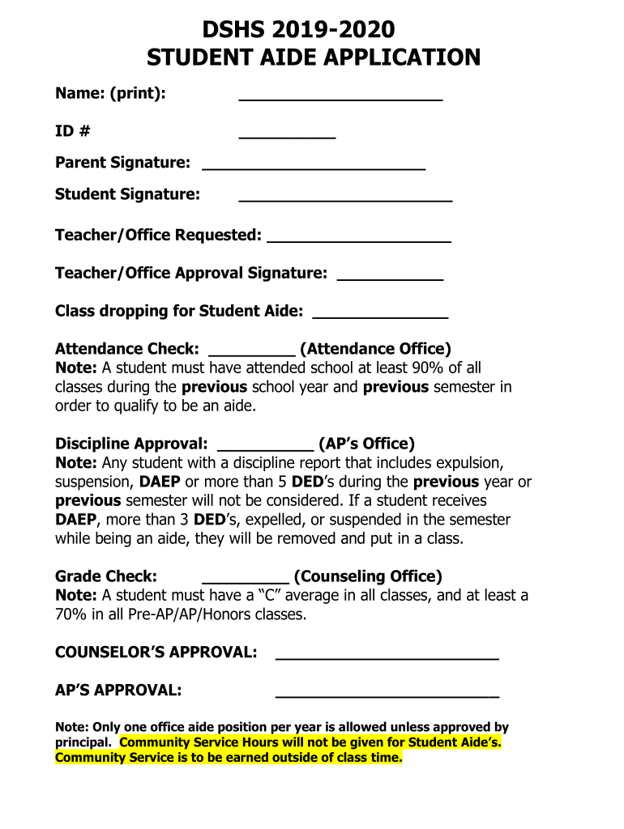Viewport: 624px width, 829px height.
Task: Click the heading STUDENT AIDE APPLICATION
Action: (313, 58)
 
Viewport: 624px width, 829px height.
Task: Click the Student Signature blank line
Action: (345, 198)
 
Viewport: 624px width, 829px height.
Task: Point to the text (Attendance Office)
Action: (375, 350)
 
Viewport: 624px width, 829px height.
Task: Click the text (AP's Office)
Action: (366, 444)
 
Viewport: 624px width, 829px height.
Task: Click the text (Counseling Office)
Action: (368, 577)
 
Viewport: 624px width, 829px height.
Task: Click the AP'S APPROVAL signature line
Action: (387, 695)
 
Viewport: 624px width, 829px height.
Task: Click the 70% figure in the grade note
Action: (71, 615)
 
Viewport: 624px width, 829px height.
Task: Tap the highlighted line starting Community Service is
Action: (229, 759)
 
